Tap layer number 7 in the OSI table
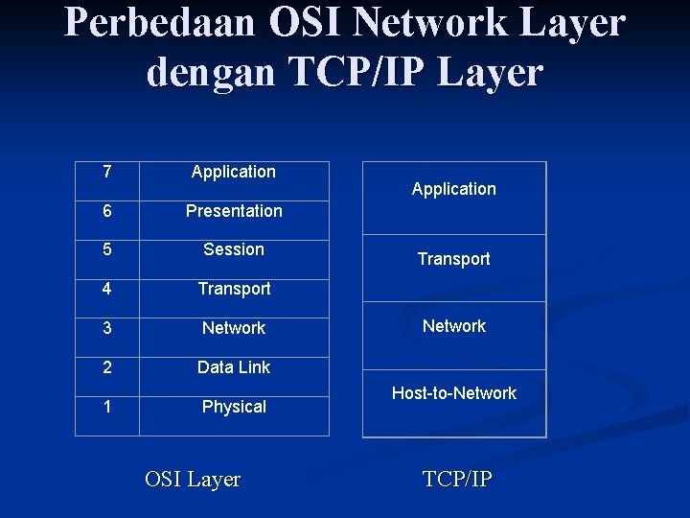(106, 172)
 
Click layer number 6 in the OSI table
(106, 211)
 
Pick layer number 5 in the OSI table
(106, 249)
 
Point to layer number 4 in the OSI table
(106, 289)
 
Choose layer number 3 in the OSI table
(106, 328)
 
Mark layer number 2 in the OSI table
(106, 367)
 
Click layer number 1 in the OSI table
(106, 407)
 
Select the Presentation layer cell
(234, 211)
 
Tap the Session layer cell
(234, 249)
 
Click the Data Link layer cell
(234, 367)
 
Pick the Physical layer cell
(234, 407)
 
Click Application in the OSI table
(234, 172)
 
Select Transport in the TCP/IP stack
(453, 259)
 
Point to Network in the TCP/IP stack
(453, 326)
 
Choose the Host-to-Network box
(453, 393)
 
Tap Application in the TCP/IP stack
(453, 189)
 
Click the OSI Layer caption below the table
(193, 479)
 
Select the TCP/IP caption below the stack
(457, 479)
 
